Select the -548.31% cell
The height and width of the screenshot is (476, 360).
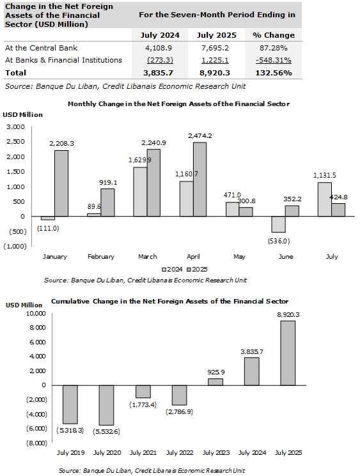point(274,60)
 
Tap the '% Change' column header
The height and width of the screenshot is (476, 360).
point(274,35)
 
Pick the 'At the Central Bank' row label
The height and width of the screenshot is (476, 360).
point(41,48)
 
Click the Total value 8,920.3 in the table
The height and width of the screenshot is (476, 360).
point(215,73)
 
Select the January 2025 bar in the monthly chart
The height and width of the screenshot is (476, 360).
point(61,183)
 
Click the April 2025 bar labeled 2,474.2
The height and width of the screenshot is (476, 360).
point(200,180)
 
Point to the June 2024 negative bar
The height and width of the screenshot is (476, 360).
point(279,224)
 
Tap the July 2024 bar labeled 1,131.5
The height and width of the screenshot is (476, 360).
point(325,199)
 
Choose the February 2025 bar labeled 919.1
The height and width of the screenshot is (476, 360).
point(107,203)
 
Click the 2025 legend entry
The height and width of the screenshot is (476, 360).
point(197,269)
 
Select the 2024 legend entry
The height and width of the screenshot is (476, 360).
point(172,269)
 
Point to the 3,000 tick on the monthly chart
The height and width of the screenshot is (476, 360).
point(16,127)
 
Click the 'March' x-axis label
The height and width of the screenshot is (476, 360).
point(147,256)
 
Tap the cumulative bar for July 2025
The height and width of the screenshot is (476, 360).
point(288,353)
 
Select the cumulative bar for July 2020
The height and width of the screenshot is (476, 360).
point(106,405)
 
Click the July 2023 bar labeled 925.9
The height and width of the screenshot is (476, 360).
point(215,382)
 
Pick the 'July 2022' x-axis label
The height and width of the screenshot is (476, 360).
point(180,452)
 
